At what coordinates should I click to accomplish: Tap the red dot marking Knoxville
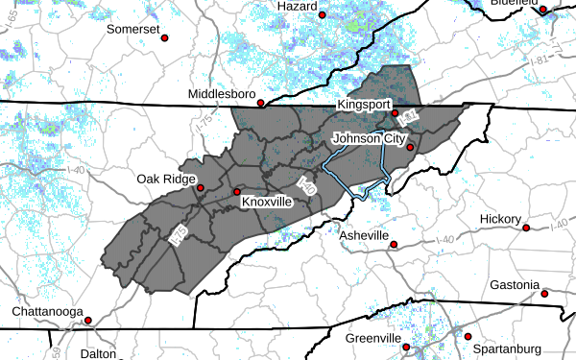coord(237,192)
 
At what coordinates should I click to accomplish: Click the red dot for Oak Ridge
coord(201,188)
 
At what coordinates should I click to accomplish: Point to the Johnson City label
coord(369,138)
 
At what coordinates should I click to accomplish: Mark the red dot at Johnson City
coord(409,148)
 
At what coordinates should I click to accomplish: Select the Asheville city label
coord(364,235)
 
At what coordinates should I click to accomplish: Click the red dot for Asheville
coord(394,245)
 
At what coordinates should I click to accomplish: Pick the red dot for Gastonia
coord(544,294)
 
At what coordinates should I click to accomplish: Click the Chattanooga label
coord(44,312)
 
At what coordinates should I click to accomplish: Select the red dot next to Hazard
coord(322,14)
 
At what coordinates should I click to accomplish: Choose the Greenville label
coord(372,339)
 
